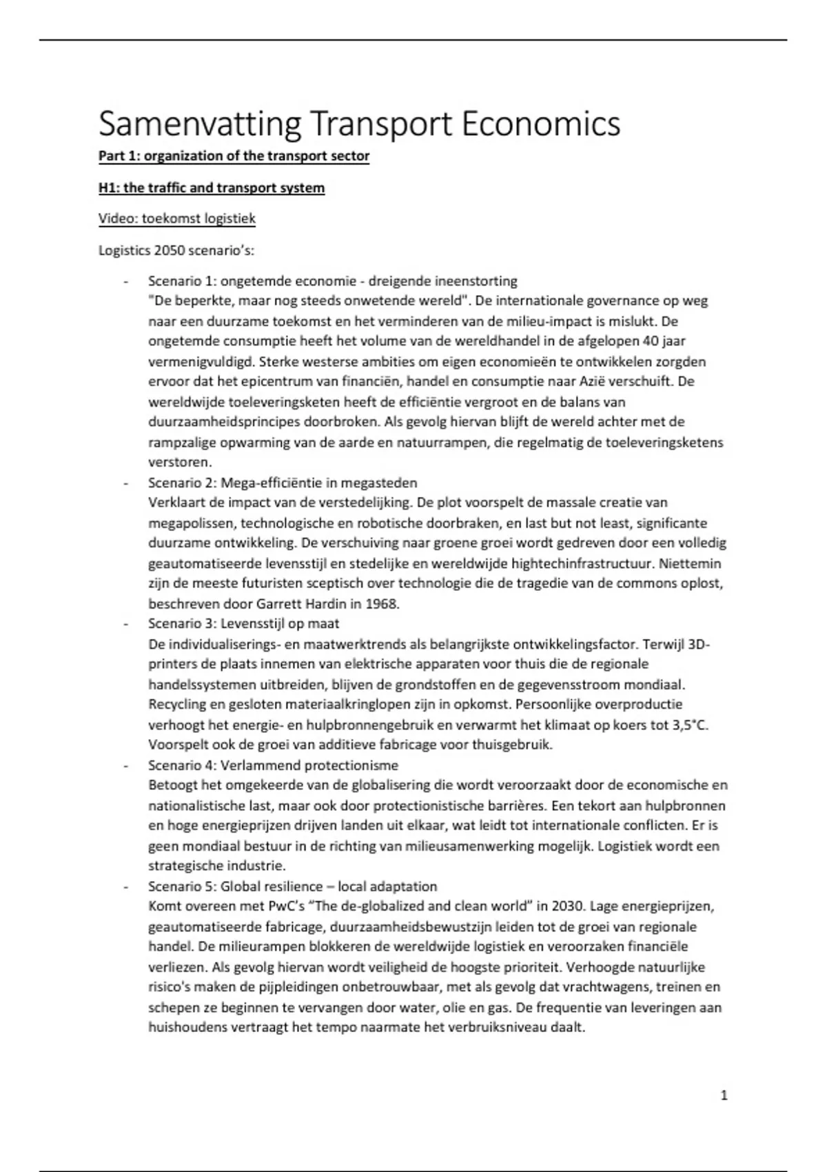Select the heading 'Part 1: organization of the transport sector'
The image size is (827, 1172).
click(234, 156)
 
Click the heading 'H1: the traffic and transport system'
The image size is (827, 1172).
click(212, 188)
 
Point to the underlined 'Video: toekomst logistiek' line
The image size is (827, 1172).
click(176, 219)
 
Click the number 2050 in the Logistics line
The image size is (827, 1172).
click(170, 250)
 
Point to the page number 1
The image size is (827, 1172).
click(724, 1095)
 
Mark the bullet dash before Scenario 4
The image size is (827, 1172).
click(125, 765)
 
